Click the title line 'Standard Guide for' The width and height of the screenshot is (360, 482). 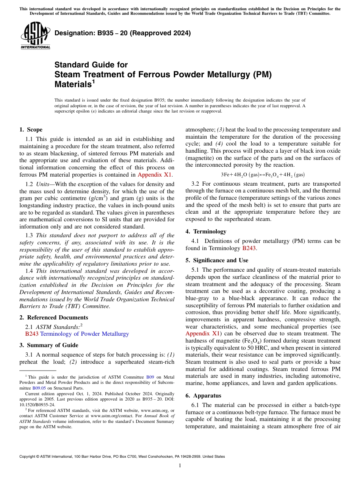(91, 65)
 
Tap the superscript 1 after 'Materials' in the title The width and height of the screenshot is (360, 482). (93, 81)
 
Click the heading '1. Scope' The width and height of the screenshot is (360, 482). (31, 130)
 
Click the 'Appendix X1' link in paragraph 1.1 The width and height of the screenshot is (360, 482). (155, 175)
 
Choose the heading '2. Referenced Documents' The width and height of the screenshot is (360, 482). (53, 318)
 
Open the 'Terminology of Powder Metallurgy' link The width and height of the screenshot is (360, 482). (84, 334)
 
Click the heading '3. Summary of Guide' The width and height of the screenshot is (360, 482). (49, 345)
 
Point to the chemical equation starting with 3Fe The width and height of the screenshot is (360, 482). (263, 175)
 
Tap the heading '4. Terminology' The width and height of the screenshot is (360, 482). (206, 232)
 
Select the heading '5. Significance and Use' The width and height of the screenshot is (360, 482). (217, 260)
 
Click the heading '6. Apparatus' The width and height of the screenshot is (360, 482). (203, 396)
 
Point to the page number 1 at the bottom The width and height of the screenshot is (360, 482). (180, 466)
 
